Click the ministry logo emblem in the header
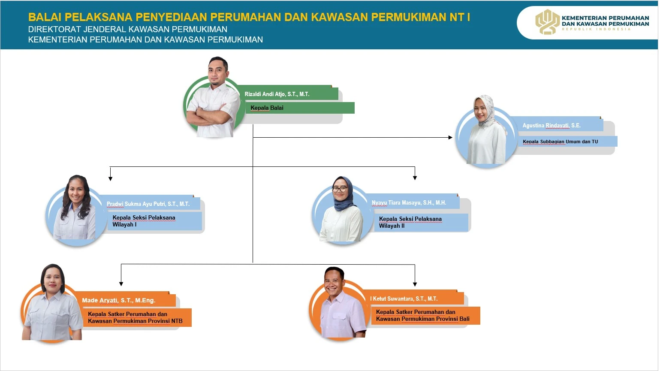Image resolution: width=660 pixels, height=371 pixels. [548, 22]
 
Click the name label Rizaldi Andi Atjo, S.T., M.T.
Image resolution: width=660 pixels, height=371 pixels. [277, 94]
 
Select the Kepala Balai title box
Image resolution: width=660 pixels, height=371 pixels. [300, 108]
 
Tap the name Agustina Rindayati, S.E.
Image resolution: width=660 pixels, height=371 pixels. [551, 126]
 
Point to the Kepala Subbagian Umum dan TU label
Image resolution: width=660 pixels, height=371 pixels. [560, 142]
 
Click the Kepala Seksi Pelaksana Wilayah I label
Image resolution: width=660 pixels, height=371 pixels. [144, 221]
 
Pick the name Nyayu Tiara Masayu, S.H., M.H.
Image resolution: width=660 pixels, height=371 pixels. [409, 203]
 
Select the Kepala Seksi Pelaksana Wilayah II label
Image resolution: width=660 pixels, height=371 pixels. [410, 223]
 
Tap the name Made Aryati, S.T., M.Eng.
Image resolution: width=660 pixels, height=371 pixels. [118, 300]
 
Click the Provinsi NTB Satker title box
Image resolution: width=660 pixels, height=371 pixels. [137, 318]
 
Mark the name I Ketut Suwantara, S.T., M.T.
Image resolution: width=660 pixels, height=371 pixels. [404, 299]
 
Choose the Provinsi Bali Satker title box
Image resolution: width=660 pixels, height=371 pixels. [425, 316]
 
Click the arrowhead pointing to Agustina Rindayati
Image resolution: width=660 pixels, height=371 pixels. [450, 137]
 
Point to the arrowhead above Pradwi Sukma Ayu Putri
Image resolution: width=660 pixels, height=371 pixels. [110, 178]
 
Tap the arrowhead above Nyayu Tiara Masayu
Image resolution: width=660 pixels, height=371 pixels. [415, 178]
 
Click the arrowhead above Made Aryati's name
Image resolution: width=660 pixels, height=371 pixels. [121, 284]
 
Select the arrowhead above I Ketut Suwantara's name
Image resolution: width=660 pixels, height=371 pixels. [415, 284]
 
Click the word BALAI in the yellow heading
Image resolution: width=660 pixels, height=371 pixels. [45, 17]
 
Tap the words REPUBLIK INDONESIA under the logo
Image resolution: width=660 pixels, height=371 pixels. [597, 29]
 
